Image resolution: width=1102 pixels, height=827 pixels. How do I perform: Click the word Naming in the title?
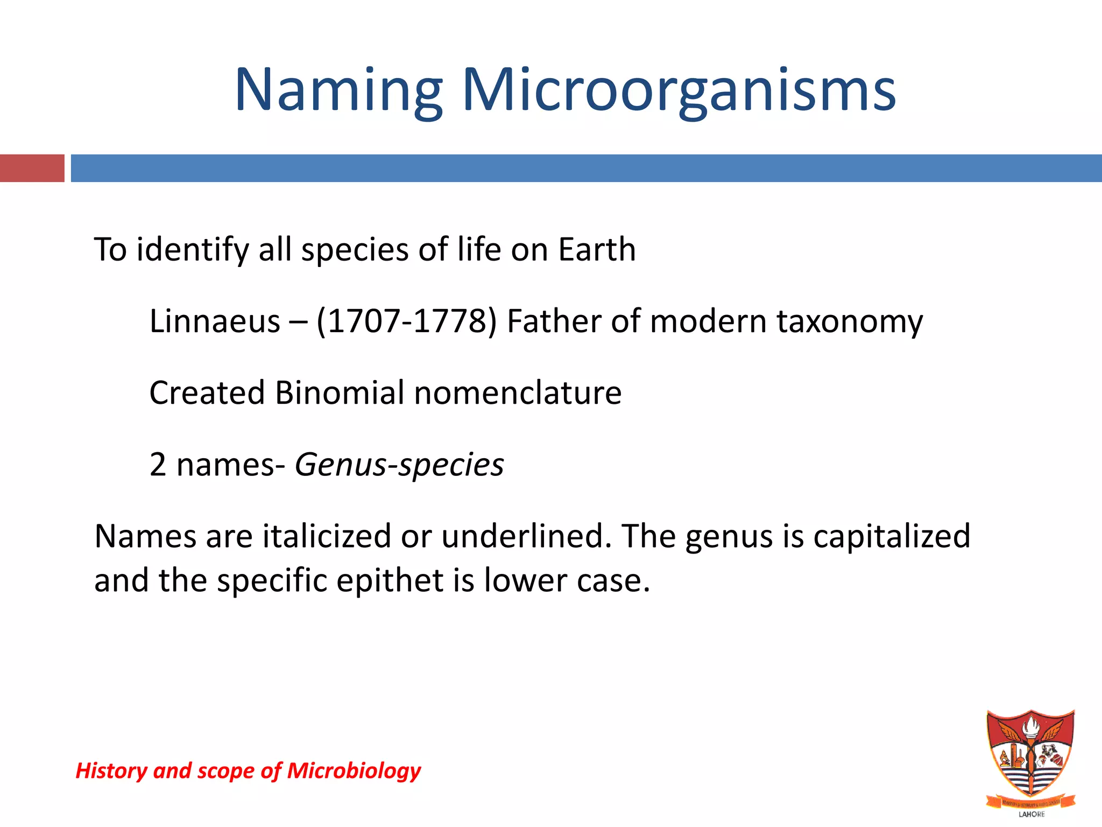click(x=338, y=90)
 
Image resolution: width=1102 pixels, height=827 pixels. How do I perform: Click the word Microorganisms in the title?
click(x=679, y=90)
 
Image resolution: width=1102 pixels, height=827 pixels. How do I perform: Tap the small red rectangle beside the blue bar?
click(x=32, y=168)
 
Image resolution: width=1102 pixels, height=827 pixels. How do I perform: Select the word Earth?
click(x=597, y=249)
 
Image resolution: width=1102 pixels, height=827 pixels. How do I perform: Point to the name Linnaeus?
click(x=215, y=321)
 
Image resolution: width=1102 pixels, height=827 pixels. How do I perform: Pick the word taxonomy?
click(x=850, y=323)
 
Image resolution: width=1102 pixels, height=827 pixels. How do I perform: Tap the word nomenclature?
click(x=518, y=393)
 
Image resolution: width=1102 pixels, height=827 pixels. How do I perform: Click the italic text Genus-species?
click(x=399, y=465)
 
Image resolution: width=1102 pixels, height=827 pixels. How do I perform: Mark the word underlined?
click(x=526, y=536)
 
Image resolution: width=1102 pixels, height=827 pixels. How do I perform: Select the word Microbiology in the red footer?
click(x=354, y=771)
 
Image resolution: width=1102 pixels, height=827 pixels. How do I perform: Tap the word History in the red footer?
click(x=111, y=771)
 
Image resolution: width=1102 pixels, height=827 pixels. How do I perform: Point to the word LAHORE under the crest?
click(x=1032, y=814)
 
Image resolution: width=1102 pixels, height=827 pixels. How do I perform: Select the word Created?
click(x=207, y=393)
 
